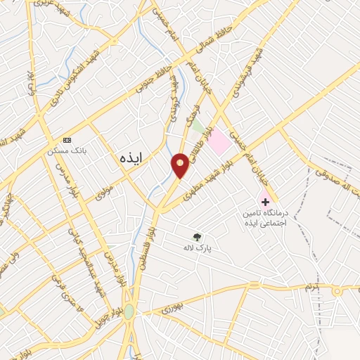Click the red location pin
pos(181,165)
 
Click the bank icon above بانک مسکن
pos(67,140)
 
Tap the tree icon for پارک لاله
pos(198,236)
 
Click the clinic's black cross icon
pos(265,182)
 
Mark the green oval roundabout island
pos(129,311)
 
